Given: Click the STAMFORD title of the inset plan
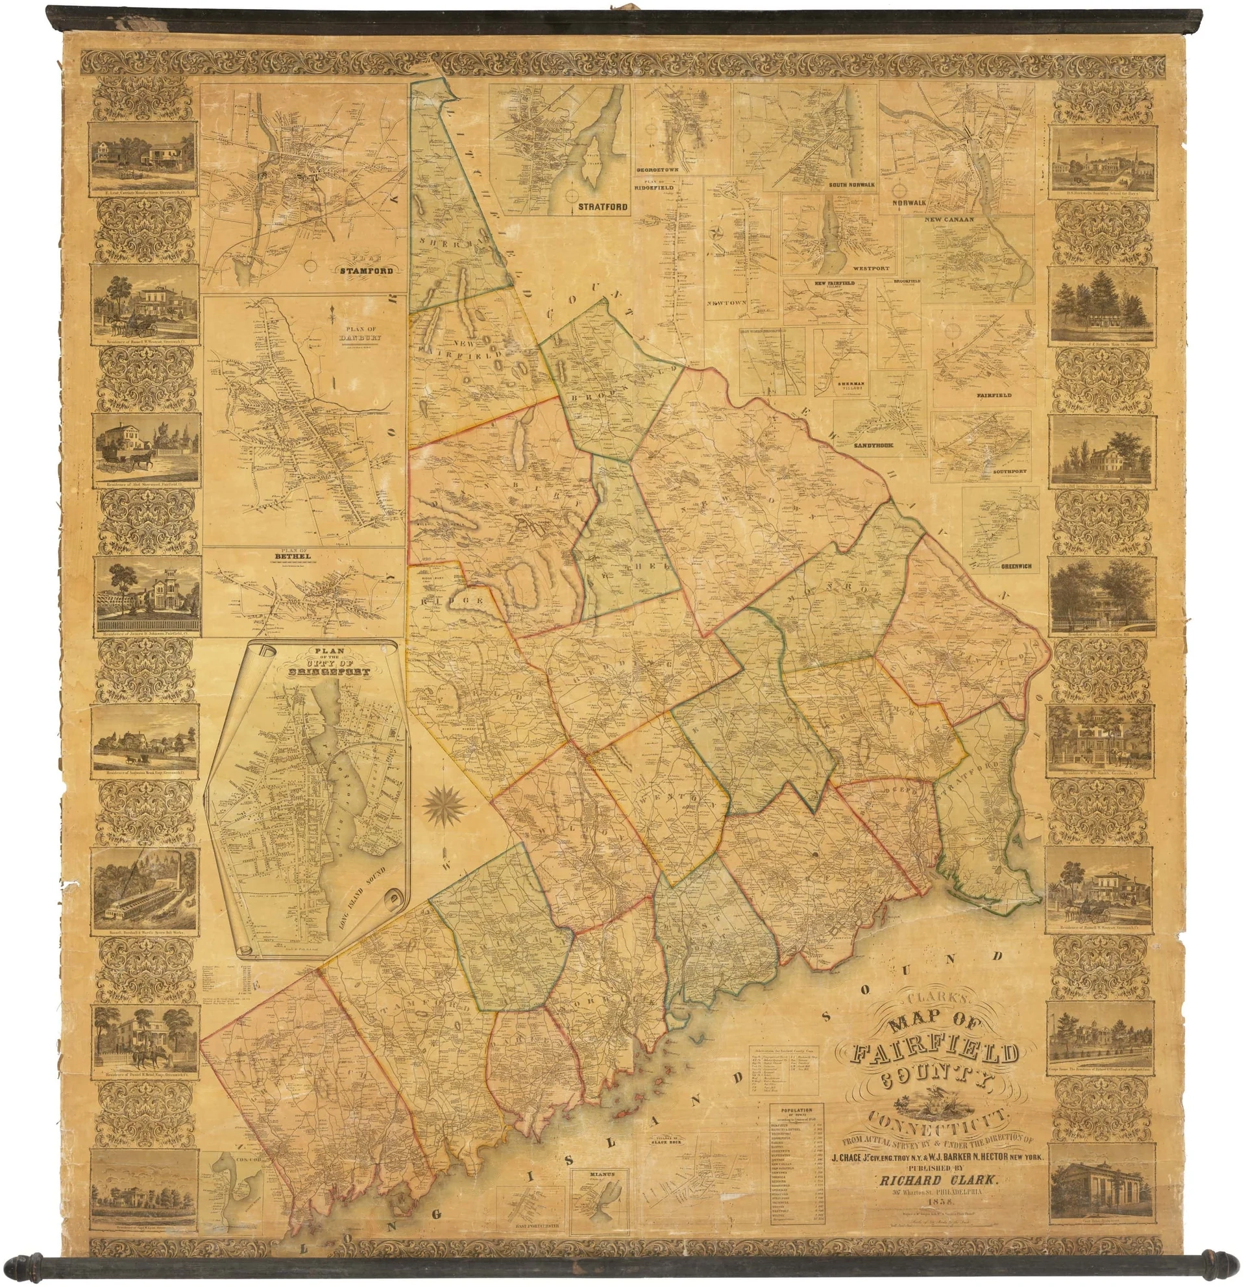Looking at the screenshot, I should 366,270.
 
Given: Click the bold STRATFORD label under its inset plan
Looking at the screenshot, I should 603,207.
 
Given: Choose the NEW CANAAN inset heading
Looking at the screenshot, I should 949,219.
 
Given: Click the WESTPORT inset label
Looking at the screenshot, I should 870,269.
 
